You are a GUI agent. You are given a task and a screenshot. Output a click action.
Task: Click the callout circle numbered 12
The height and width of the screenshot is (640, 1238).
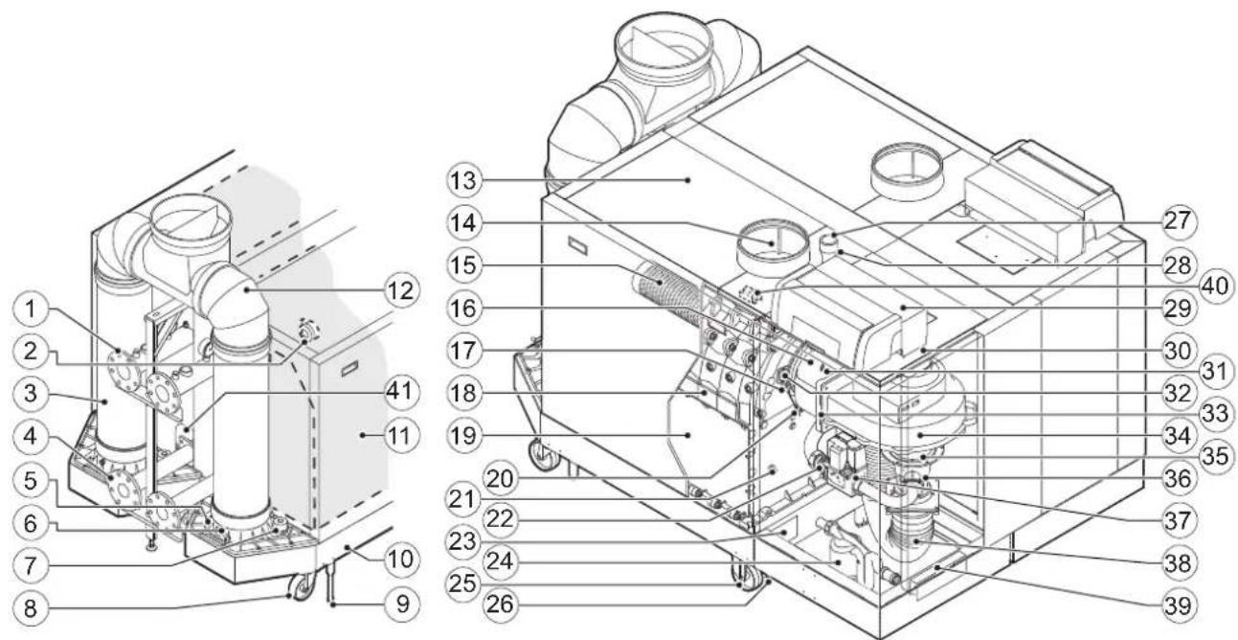pos(401,290)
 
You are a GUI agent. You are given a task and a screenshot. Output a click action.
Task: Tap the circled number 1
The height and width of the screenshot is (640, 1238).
pos(31,309)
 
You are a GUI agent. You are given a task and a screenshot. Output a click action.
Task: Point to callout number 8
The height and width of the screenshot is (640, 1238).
pos(31,608)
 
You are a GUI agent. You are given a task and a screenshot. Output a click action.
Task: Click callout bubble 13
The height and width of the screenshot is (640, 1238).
pos(463,180)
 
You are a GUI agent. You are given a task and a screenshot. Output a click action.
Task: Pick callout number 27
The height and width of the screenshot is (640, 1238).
pos(1179,222)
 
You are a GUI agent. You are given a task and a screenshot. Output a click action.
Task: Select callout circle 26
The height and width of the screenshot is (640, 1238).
pos(500,604)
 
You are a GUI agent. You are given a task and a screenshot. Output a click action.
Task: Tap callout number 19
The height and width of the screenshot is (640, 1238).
pos(463,435)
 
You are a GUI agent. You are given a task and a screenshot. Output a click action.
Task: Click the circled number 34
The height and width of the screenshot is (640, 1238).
pos(1179,436)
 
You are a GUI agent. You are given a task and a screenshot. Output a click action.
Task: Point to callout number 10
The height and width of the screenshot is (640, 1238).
pos(401,560)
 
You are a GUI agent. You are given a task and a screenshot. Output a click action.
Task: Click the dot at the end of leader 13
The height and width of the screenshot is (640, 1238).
pos(687,180)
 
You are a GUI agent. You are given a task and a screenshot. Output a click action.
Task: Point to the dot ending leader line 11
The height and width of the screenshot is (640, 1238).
pos(362,435)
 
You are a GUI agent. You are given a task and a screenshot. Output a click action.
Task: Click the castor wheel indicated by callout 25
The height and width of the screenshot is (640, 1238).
pos(747,578)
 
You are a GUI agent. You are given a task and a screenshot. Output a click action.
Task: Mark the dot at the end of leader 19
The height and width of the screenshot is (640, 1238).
pos(687,435)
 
